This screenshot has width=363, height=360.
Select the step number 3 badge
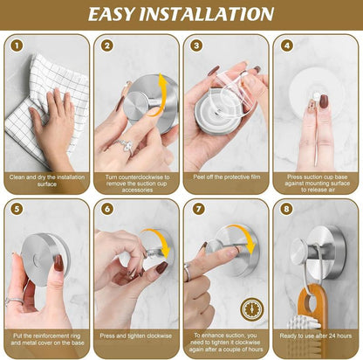click(196, 45)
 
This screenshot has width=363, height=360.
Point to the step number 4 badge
click(287, 45)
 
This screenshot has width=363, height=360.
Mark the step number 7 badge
click(196, 210)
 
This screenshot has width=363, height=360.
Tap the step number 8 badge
click(287, 210)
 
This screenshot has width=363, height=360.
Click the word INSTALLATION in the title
click(217, 14)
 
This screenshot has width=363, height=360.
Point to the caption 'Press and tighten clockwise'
click(136, 334)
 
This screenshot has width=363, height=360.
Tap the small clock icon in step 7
click(253, 306)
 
